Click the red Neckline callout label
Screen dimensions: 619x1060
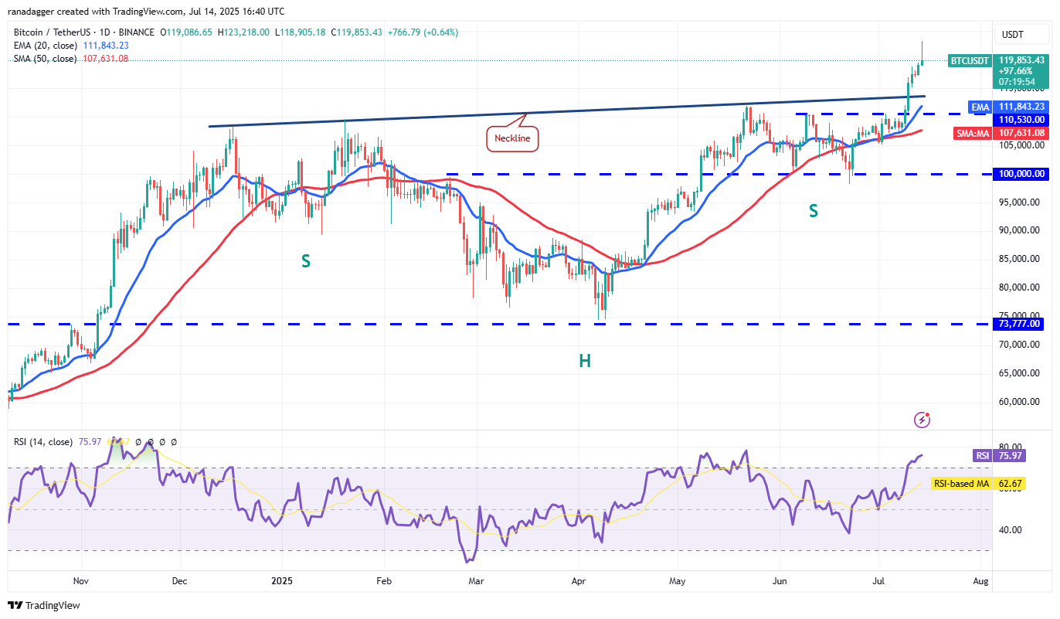click(511, 138)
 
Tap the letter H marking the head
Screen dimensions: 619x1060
click(585, 361)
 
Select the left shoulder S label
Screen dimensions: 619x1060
click(306, 261)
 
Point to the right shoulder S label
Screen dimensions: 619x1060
click(814, 210)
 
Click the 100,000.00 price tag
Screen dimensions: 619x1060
click(1021, 175)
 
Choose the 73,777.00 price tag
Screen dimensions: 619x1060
click(1020, 324)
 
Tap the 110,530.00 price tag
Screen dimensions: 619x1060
click(1021, 120)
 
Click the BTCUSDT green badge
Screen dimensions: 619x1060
click(970, 60)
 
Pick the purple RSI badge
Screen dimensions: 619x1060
click(981, 456)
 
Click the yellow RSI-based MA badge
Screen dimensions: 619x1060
click(961, 484)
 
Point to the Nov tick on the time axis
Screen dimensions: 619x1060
click(80, 580)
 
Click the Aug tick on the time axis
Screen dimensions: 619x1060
click(980, 580)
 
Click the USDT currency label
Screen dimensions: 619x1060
click(1012, 34)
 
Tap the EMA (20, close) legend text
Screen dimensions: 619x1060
click(46, 46)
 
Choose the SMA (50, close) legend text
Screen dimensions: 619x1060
click(46, 59)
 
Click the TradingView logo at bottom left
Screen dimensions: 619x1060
click(44, 605)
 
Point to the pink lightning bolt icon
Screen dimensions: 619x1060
click(922, 420)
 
